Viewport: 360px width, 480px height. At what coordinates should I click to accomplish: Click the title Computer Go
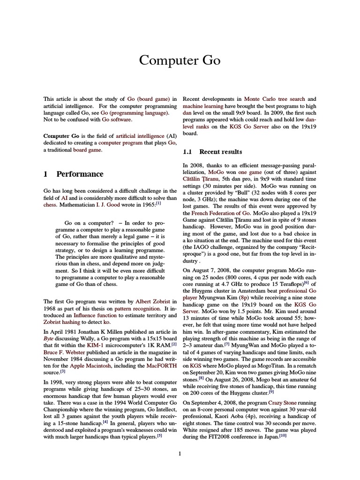[180, 61]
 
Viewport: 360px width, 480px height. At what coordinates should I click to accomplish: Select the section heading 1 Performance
[73, 174]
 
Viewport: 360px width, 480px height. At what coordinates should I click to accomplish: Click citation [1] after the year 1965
[158, 203]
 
